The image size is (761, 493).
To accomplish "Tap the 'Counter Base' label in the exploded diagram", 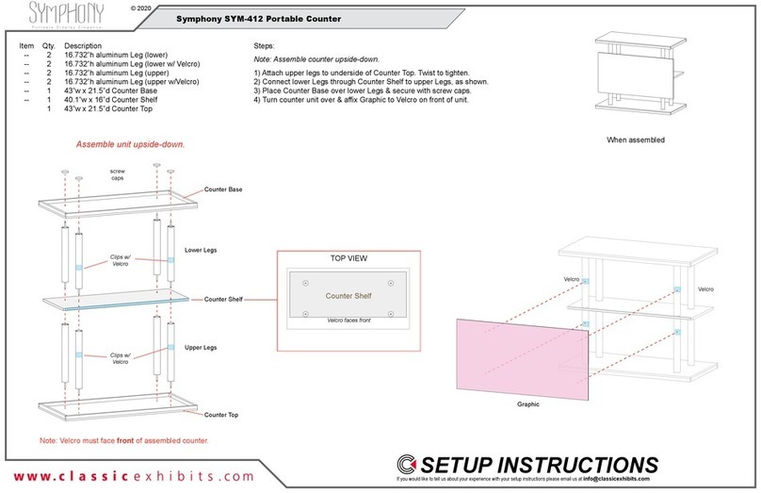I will (223, 189).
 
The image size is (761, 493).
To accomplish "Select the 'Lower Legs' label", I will (200, 250).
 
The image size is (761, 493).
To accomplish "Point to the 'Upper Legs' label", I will (200, 348).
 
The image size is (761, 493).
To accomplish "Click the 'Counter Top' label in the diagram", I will (221, 415).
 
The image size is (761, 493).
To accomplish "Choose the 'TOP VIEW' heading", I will (348, 257).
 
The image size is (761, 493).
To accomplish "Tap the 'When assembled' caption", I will (635, 140).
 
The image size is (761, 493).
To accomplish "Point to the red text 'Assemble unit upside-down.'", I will (130, 145).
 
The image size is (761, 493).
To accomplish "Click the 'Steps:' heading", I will (265, 46).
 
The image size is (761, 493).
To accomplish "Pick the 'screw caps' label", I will (118, 175).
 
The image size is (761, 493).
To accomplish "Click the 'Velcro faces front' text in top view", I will (348, 321).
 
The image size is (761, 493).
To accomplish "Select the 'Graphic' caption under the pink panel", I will (528, 403).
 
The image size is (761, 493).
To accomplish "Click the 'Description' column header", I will (83, 46).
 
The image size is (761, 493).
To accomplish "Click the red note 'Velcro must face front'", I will (123, 441).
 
